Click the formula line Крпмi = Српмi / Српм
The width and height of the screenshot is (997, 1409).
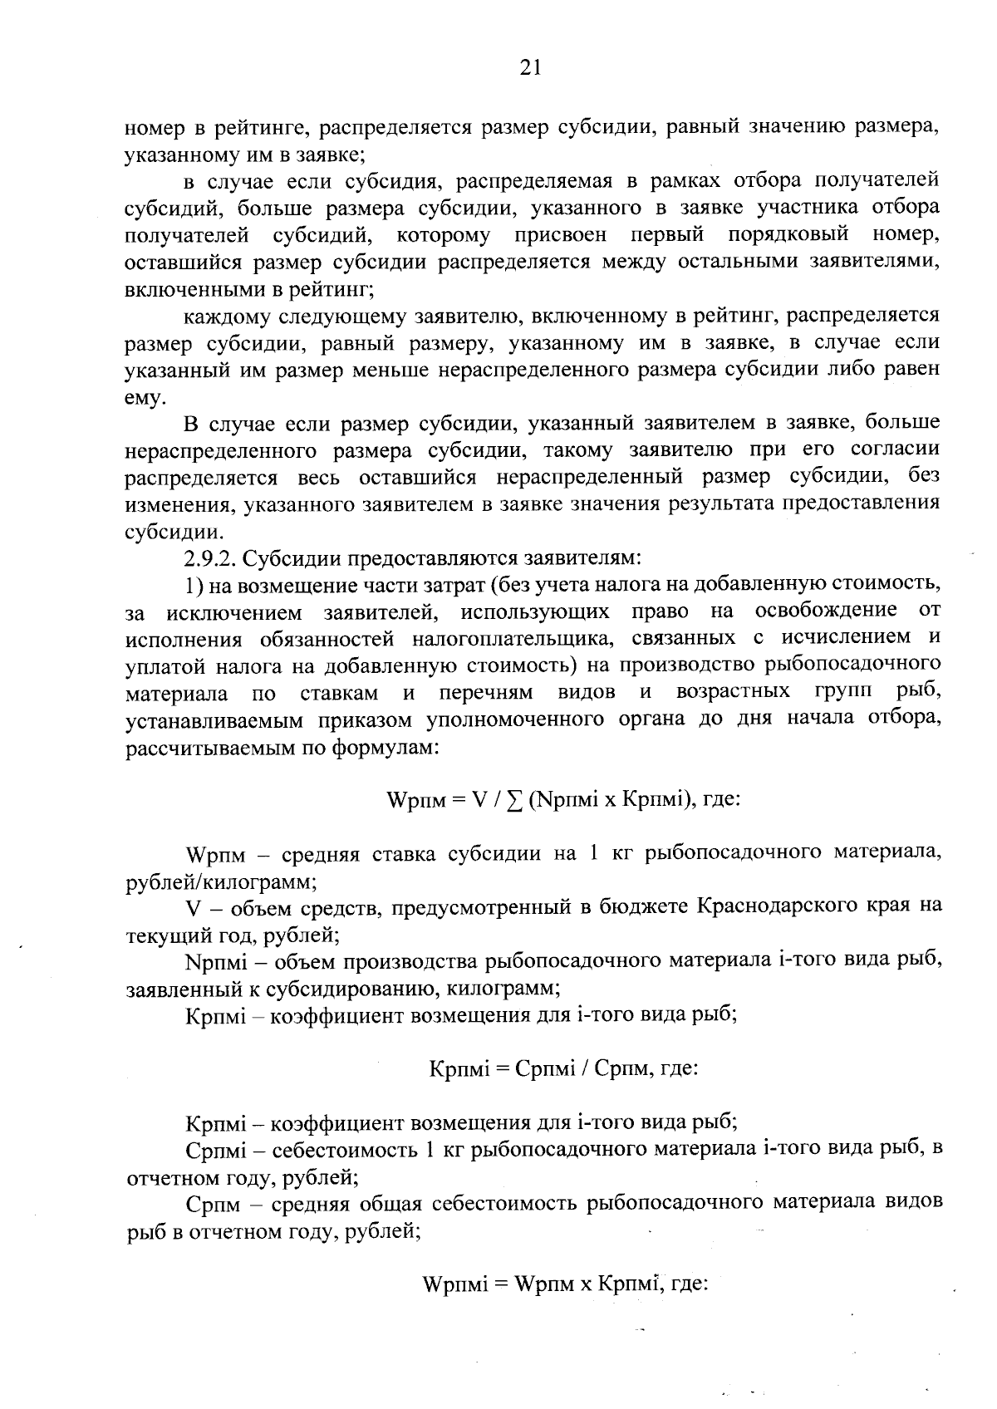click(x=562, y=1068)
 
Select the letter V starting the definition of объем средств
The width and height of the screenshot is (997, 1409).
click(x=193, y=906)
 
